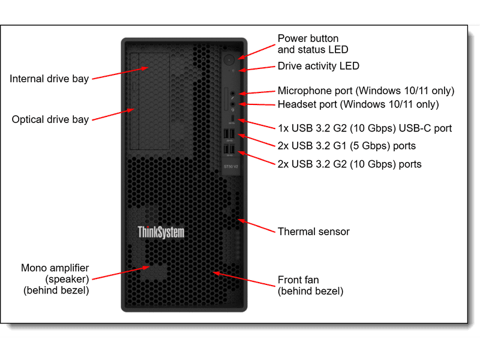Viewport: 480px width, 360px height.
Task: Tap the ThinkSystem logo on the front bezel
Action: [x=161, y=232]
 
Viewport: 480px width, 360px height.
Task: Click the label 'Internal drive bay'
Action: [x=49, y=79]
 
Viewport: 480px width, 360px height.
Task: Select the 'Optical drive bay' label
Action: [x=50, y=119]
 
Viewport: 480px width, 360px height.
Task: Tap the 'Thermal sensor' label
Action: [x=313, y=231]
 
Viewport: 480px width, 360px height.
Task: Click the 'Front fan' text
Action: [x=298, y=280]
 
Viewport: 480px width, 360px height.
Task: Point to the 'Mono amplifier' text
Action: [x=55, y=268]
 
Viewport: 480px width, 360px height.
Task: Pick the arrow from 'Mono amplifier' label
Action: [x=121, y=273]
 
